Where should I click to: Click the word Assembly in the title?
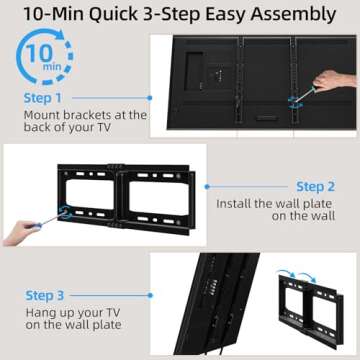(291, 14)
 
